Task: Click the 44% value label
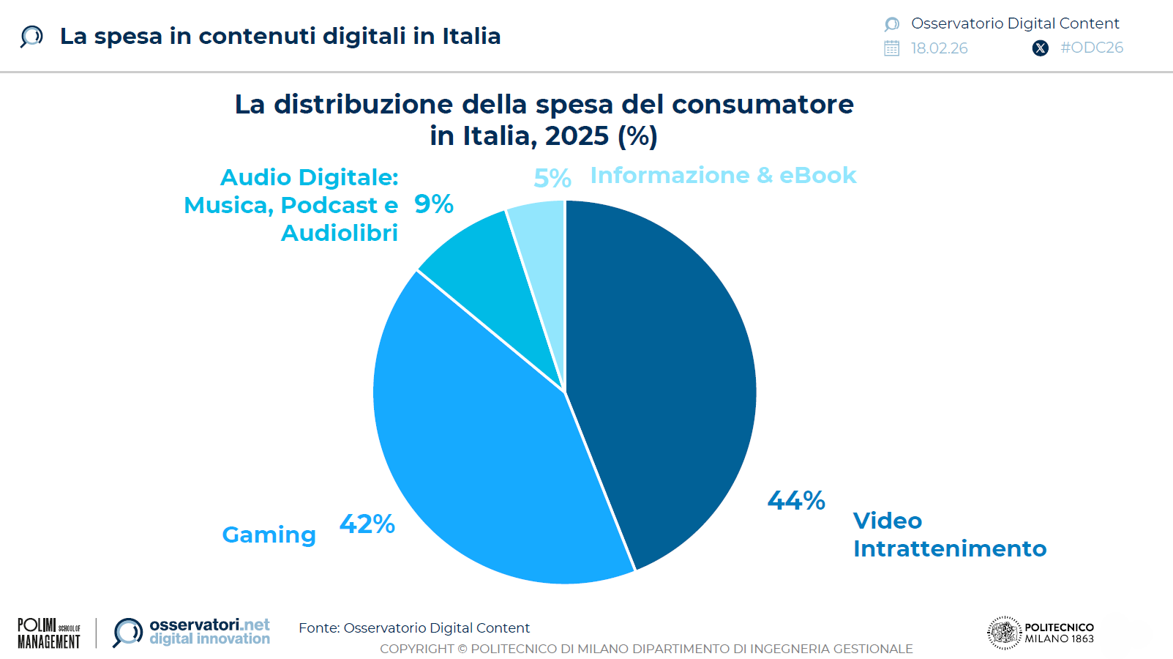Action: [x=796, y=501]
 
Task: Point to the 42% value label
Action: [x=367, y=524]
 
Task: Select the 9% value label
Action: [x=434, y=204]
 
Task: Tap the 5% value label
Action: [x=552, y=178]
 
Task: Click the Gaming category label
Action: [x=269, y=535]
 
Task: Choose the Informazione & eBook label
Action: [x=723, y=176]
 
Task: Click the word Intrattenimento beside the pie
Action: [x=949, y=548]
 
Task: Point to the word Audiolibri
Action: [x=340, y=233]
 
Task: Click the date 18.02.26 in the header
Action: [x=939, y=48]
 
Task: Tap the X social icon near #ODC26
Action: [x=1040, y=48]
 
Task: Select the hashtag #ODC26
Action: [x=1092, y=48]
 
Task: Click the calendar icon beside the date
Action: [x=891, y=48]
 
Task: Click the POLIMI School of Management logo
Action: [x=49, y=633]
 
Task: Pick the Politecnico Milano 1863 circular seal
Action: [x=1004, y=633]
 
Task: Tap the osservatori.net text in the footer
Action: [x=209, y=625]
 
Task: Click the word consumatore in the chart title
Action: [x=762, y=105]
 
